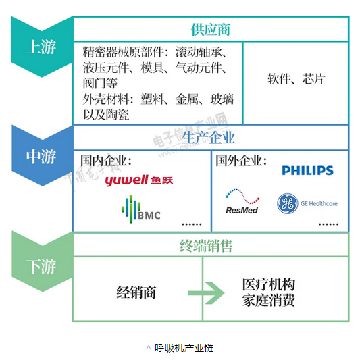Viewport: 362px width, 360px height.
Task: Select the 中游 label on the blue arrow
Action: click(x=41, y=157)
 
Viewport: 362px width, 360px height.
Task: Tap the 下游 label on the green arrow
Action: click(x=41, y=267)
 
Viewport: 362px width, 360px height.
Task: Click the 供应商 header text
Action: click(x=211, y=30)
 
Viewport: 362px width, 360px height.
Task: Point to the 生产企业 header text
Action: click(x=210, y=138)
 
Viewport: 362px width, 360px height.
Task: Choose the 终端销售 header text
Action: click(x=210, y=245)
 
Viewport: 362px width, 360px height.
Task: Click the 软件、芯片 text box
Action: click(x=295, y=79)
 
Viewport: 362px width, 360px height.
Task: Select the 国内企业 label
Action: click(x=106, y=162)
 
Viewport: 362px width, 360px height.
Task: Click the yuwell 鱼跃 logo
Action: click(x=144, y=180)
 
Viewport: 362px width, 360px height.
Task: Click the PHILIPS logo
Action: click(x=307, y=171)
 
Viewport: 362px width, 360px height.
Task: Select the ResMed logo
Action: click(x=242, y=201)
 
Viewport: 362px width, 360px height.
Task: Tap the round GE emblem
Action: click(x=288, y=203)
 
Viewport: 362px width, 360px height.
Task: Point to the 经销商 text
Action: click(x=136, y=292)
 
